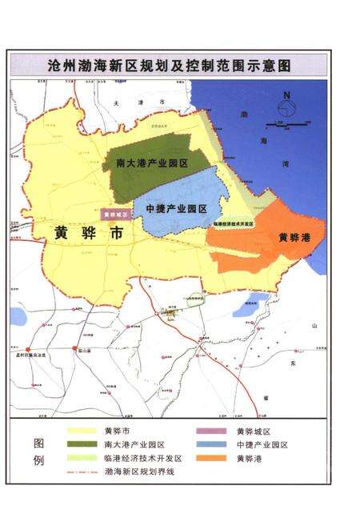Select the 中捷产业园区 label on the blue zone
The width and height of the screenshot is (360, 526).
coord(176,209)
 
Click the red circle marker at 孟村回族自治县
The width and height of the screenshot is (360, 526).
coord(32,349)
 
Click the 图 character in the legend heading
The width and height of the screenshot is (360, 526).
coord(38,443)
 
